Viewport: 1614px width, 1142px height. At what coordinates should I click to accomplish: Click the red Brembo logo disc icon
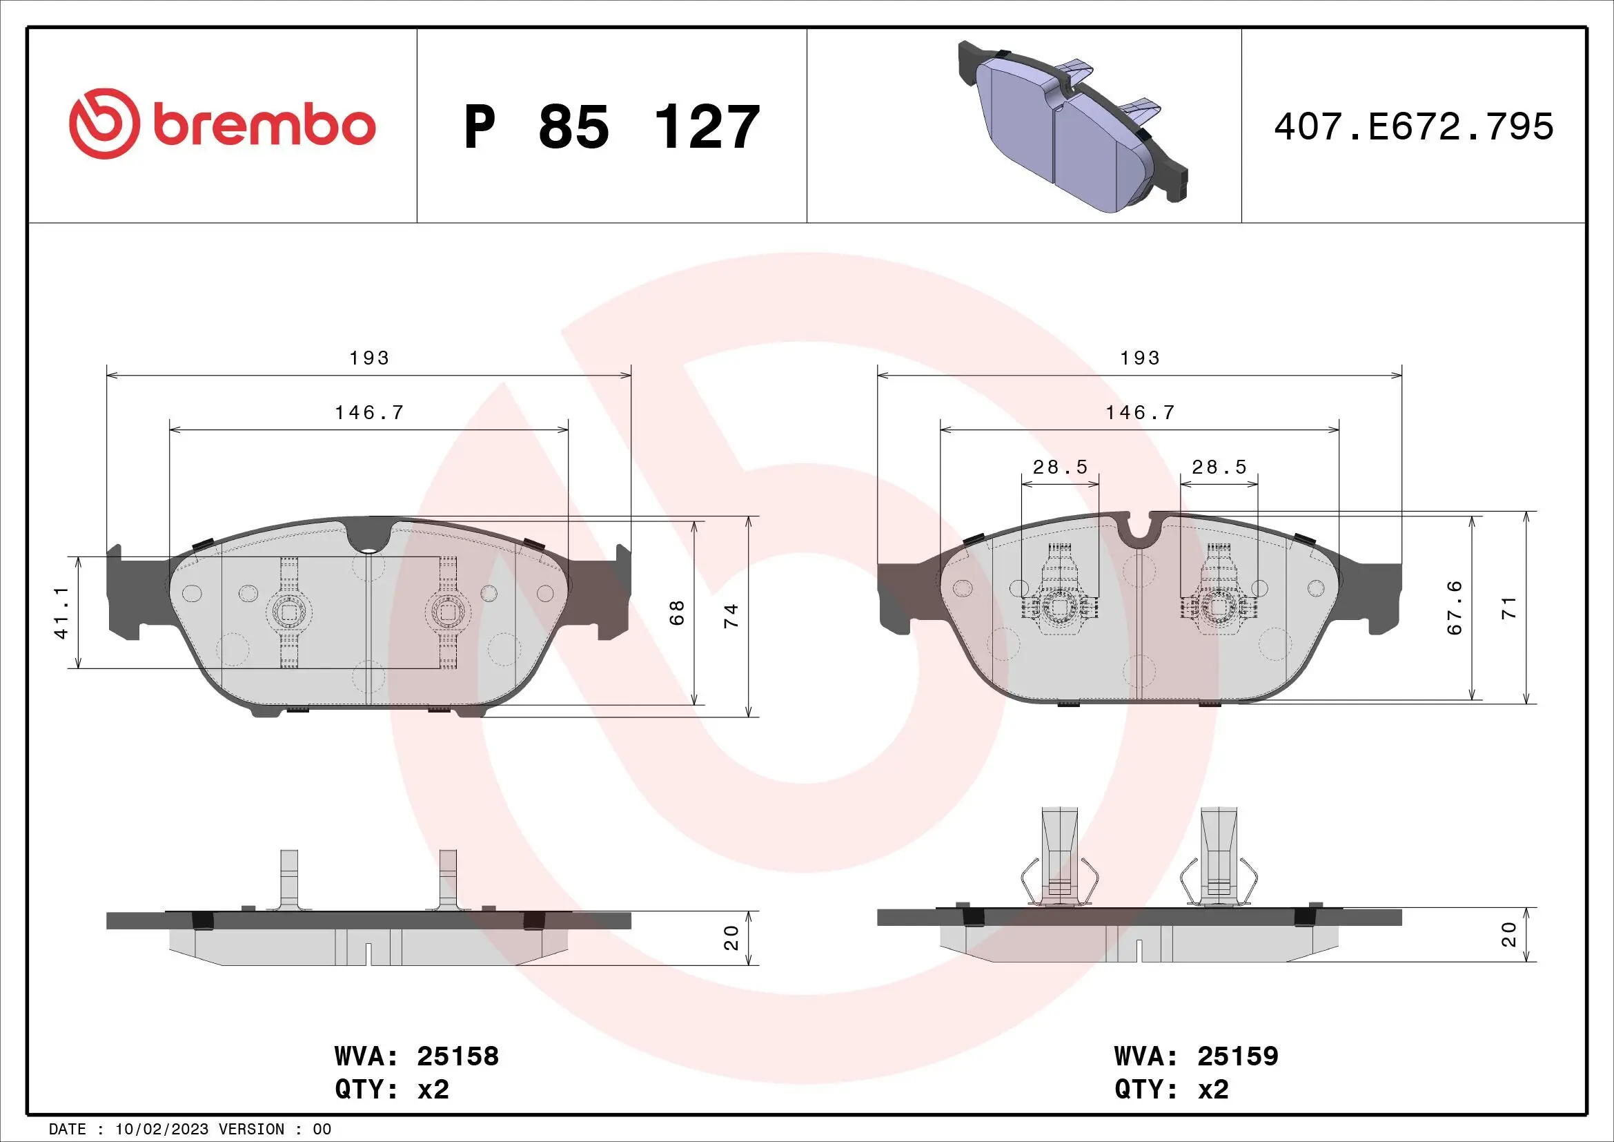[x=102, y=124]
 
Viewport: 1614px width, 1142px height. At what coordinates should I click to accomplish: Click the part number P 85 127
[x=611, y=127]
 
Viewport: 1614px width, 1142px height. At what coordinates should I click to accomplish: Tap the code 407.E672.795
[x=1414, y=127]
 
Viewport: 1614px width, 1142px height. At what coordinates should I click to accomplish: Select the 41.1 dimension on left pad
[x=63, y=612]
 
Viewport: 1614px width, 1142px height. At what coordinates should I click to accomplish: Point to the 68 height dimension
[x=677, y=612]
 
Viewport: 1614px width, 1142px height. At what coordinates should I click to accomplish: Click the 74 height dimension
[x=731, y=615]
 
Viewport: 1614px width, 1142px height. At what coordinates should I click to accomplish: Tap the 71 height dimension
[x=1509, y=608]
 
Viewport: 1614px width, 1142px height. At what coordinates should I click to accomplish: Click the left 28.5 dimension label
[x=1060, y=467]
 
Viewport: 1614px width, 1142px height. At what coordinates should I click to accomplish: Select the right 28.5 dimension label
[x=1219, y=467]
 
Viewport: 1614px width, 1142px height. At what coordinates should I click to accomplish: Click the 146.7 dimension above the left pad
[x=369, y=413]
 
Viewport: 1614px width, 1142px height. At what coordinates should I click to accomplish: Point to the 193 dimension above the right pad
[x=1139, y=358]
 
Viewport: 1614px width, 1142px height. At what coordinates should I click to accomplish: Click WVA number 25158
[x=457, y=1056]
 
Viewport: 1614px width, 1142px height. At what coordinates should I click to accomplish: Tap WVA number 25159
[x=1237, y=1056]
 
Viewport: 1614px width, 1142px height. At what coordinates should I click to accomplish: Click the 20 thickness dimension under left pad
[x=731, y=938]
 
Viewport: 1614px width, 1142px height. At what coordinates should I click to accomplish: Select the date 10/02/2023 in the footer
[x=161, y=1129]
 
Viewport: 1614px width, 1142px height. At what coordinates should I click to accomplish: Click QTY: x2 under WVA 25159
[x=1171, y=1090]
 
